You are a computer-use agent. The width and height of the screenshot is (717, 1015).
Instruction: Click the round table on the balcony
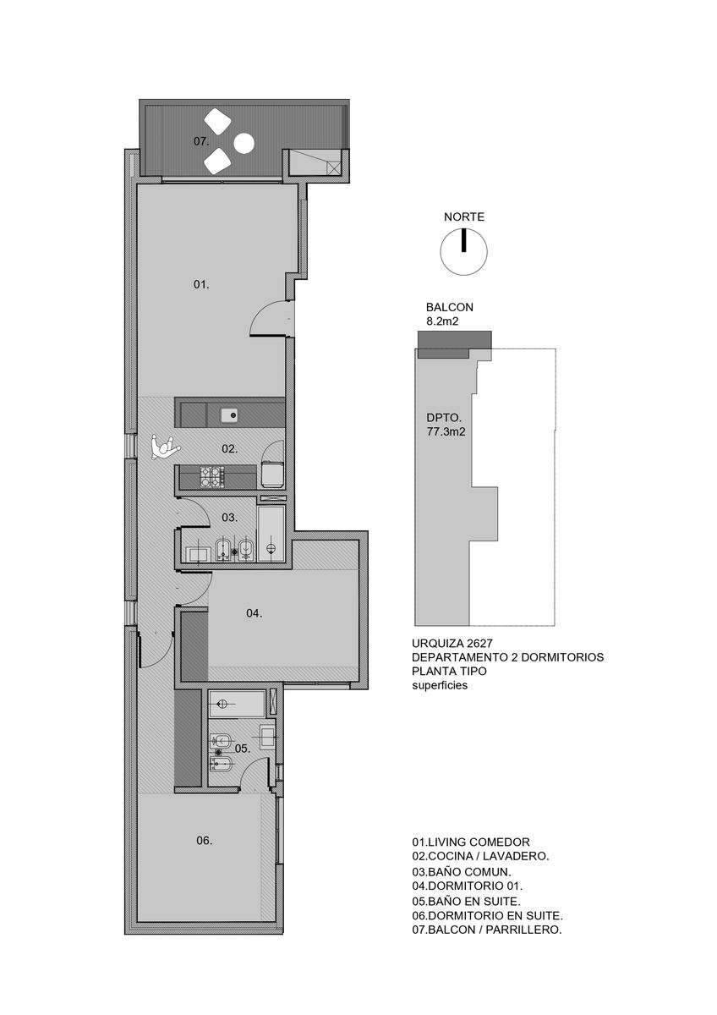[244, 144]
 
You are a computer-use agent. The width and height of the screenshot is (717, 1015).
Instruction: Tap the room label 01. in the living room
[201, 284]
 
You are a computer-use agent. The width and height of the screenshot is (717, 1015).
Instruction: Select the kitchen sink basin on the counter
[230, 414]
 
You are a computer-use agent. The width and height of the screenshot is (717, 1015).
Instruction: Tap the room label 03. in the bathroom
[230, 517]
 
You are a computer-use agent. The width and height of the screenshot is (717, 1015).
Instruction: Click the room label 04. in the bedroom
[255, 613]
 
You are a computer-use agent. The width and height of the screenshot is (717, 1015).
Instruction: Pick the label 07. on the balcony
[201, 141]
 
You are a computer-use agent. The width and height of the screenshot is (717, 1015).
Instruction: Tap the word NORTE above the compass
[464, 217]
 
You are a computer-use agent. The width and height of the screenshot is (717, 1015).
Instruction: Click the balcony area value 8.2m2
[443, 321]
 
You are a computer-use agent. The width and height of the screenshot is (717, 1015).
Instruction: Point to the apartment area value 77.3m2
[446, 432]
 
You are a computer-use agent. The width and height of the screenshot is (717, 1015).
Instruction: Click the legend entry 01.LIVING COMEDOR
[471, 842]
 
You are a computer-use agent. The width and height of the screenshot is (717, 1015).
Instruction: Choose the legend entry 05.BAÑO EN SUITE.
[466, 901]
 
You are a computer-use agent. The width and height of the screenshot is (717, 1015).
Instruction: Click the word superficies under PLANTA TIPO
[440, 686]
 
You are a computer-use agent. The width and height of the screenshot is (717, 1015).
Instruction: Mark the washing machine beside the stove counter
[272, 474]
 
